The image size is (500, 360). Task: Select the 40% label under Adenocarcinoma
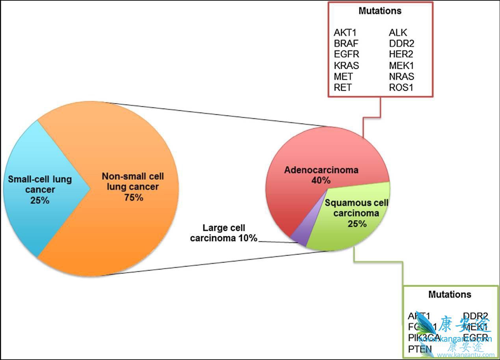pos(321,180)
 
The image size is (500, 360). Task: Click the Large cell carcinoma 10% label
pos(223,233)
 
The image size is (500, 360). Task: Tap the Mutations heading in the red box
pos(380,11)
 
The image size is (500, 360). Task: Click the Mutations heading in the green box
pos(450,295)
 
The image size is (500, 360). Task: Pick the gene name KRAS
pos(346,65)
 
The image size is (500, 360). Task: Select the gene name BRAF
pos(346,43)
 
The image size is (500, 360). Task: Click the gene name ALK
pos(398,32)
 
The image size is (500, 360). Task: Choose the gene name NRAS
pos(401,76)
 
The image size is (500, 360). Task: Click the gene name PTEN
pos(420,349)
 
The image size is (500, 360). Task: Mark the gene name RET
pos(342,87)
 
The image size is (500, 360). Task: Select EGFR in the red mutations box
pos(346,54)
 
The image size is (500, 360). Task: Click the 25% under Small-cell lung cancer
pos(40,200)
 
